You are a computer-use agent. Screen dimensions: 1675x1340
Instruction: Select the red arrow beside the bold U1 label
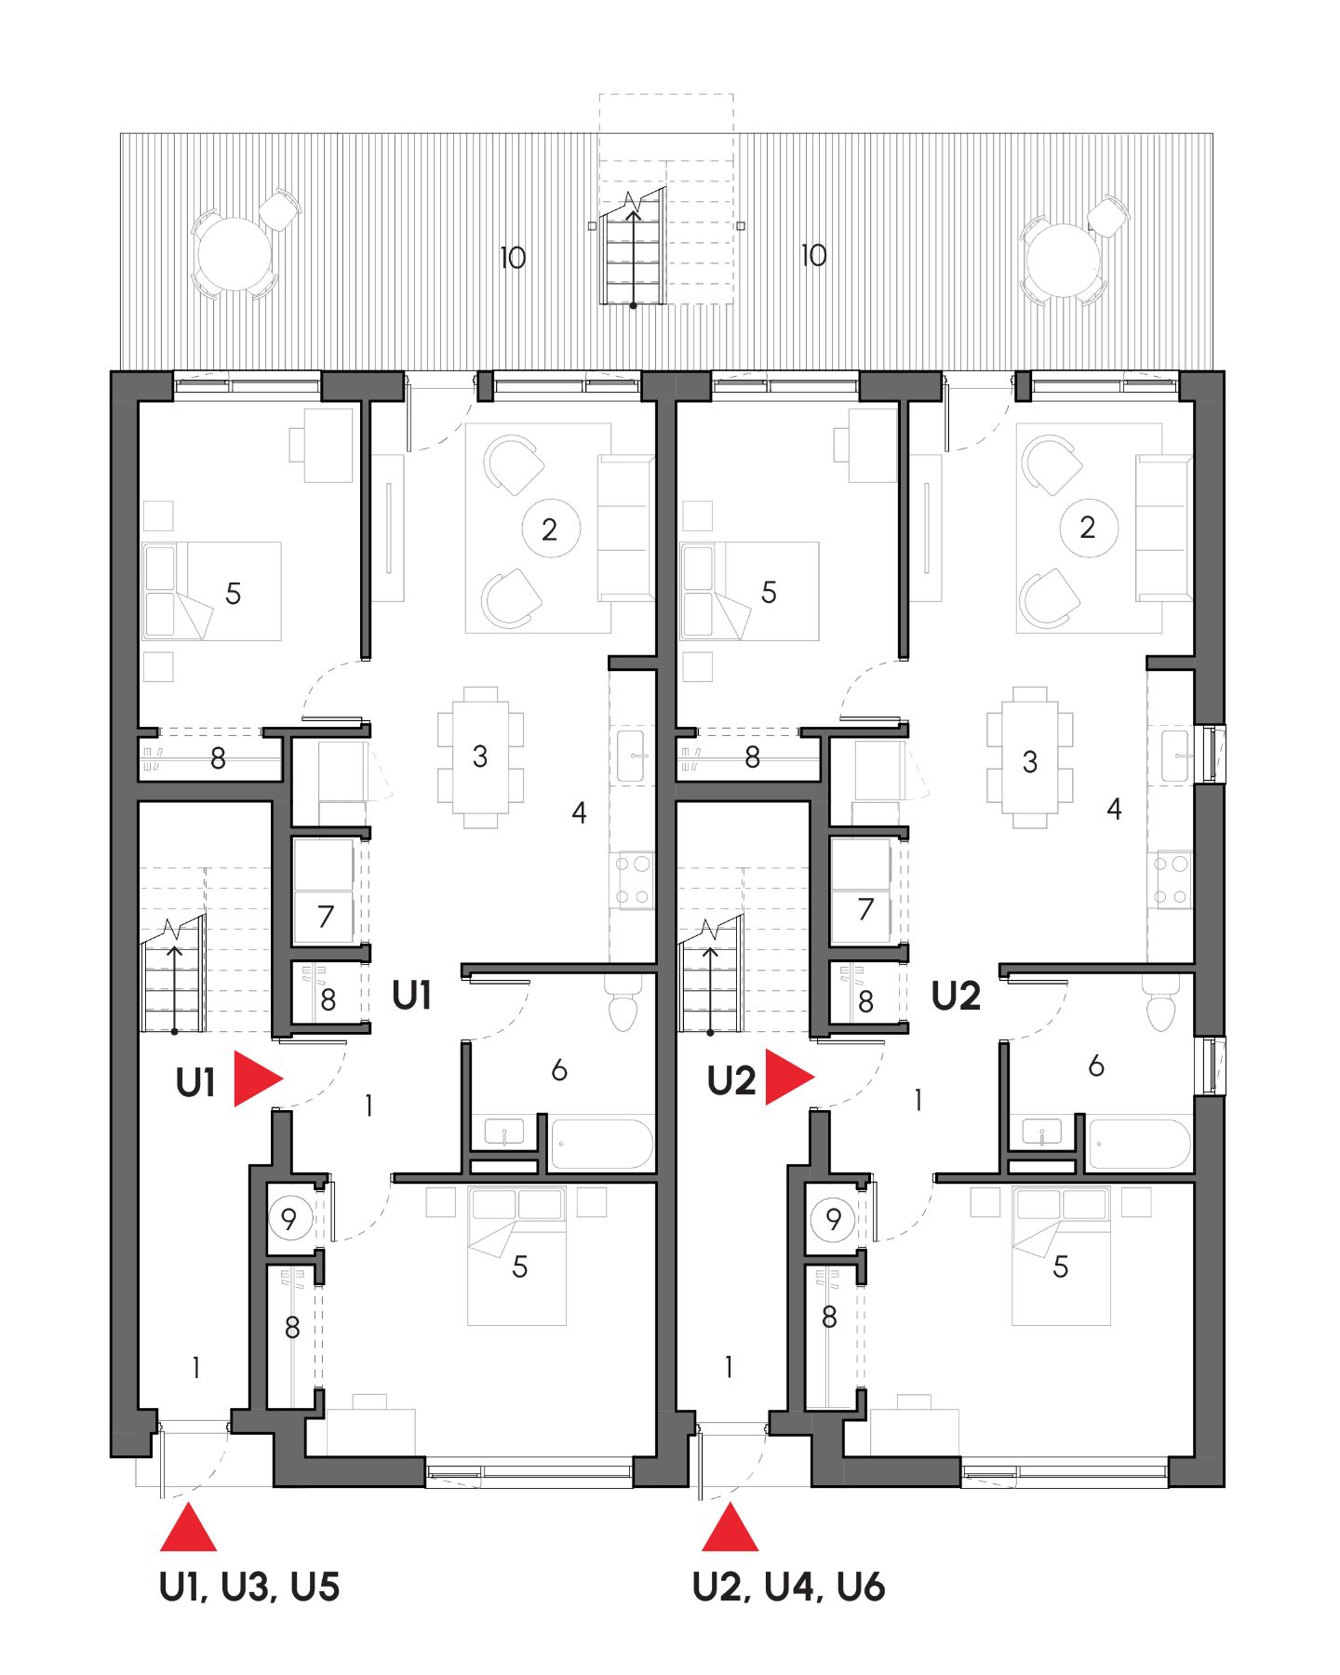(x=256, y=1079)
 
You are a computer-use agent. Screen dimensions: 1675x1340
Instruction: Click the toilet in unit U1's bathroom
(x=623, y=1003)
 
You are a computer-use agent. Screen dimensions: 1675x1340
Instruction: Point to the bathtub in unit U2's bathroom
(x=1139, y=1144)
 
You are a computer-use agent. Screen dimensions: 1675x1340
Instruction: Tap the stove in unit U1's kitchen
(x=633, y=880)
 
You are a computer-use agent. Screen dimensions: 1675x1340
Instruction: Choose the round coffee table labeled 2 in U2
(x=1088, y=528)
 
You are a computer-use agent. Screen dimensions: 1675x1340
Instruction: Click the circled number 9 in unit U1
(x=288, y=1219)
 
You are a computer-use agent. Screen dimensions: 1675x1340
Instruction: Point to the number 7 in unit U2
(x=865, y=909)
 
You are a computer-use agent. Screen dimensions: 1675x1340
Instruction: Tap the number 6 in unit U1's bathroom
(x=559, y=1070)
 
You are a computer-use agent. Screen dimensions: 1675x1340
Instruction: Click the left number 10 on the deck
(x=513, y=258)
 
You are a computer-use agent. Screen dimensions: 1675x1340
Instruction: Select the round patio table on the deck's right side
(x=1062, y=260)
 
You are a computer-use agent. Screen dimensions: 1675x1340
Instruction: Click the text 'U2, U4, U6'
(x=788, y=1587)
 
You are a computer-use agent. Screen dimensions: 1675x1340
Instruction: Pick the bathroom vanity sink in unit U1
(x=503, y=1132)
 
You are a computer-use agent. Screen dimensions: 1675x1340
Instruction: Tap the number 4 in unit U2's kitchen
(x=1114, y=809)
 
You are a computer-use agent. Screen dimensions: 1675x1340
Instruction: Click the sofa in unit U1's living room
(x=625, y=527)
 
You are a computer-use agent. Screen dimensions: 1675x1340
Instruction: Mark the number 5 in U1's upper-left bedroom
(x=234, y=593)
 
